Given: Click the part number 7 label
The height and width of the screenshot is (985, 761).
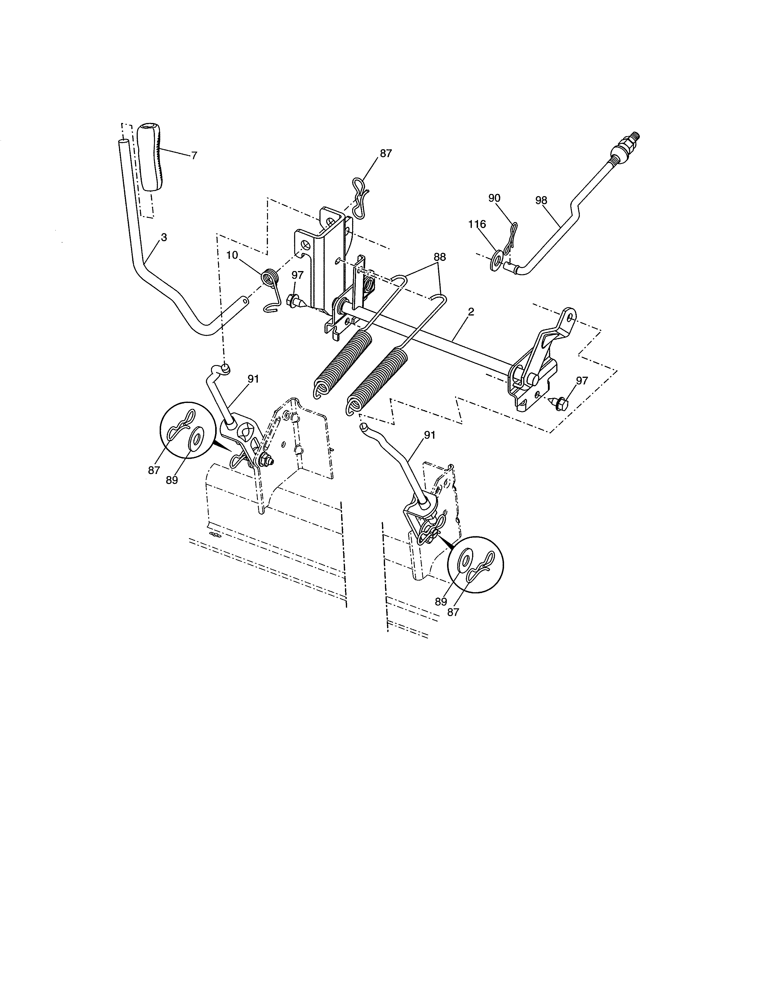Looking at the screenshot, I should tap(194, 156).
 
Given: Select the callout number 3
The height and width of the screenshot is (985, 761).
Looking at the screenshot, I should tap(164, 237).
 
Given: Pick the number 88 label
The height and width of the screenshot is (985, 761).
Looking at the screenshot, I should tap(440, 257).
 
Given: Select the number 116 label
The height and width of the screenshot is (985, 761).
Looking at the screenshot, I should tap(477, 224).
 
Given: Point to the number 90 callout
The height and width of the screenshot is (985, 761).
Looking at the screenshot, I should tap(495, 198).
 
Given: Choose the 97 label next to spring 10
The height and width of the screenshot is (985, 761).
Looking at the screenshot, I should tap(298, 276).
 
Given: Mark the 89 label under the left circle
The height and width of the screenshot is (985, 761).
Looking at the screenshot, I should tap(172, 480).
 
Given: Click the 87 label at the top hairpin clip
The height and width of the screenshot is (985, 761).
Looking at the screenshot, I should tap(386, 153).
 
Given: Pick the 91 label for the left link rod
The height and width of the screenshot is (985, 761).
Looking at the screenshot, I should tap(253, 379).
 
